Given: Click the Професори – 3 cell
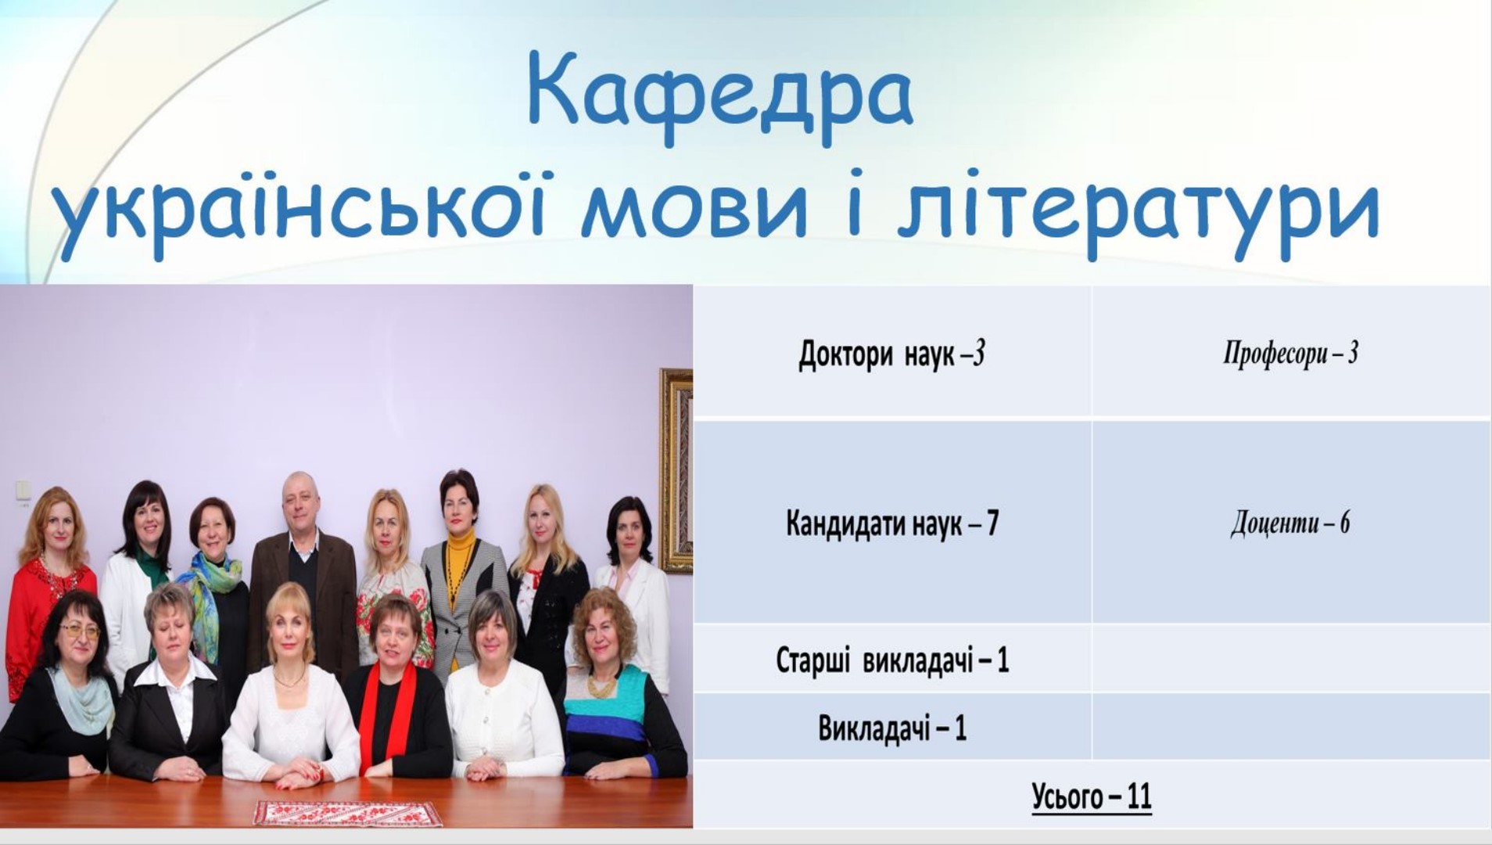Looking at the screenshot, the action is [1290, 354].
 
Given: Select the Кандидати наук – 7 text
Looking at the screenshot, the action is [892, 523].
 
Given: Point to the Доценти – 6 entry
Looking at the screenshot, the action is [1290, 523].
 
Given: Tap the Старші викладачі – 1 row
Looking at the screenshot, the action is [892, 660].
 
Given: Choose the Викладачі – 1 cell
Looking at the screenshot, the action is [892, 728].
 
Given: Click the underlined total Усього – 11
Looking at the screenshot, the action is [1092, 796].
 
